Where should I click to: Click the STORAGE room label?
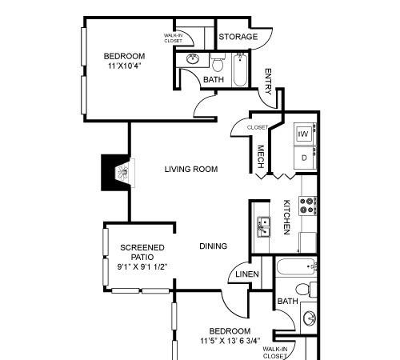[238, 37]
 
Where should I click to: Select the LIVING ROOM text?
[191, 169]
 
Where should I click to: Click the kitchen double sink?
[263, 227]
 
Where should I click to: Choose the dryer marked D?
[305, 158]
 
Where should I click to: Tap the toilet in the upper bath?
[218, 62]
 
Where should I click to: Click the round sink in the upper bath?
[192, 59]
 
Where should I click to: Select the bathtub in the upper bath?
[240, 70]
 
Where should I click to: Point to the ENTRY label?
[268, 82]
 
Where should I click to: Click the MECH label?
[261, 157]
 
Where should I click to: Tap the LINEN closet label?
[247, 274]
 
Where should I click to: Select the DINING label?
[214, 246]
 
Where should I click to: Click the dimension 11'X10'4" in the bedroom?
[124, 66]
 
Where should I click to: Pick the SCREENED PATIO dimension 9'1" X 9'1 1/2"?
[142, 266]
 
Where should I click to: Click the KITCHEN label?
[286, 217]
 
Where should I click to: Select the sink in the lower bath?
[309, 318]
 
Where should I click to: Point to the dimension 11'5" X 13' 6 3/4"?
[230, 341]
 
